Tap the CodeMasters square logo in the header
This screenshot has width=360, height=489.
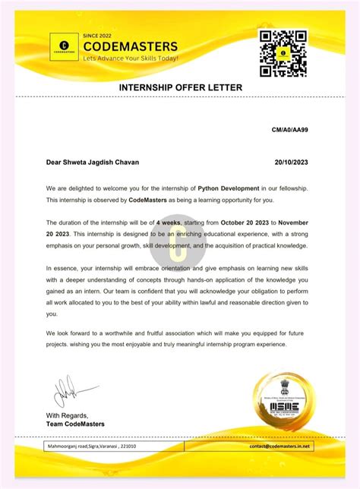(64, 47)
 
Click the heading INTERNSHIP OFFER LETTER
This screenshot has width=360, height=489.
(180, 88)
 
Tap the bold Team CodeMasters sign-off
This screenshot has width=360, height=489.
(75, 424)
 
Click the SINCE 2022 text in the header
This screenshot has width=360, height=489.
(97, 35)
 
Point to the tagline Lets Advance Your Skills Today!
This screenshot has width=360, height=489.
(131, 58)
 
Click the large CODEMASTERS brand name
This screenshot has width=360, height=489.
(130, 46)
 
